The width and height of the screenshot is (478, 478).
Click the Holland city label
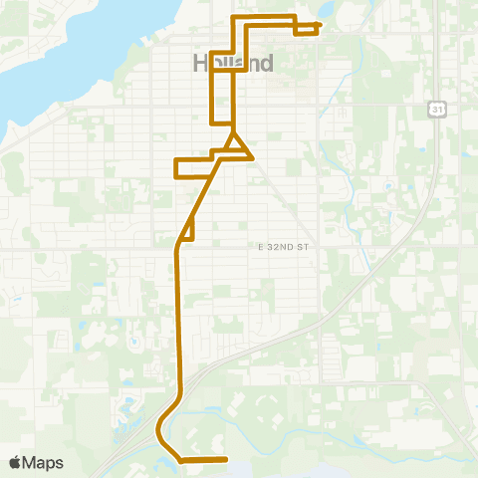pyautogui.click(x=231, y=63)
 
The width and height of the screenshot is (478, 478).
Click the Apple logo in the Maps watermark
pyautogui.click(x=15, y=462)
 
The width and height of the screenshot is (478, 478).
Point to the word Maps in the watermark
pyautogui.click(x=45, y=462)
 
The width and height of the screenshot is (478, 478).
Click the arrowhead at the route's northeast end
pyautogui.click(x=319, y=24)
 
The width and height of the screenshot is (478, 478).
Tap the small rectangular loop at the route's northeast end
pyautogui.click(x=306, y=28)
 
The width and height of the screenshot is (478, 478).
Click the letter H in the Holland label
pyautogui.click(x=197, y=63)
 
